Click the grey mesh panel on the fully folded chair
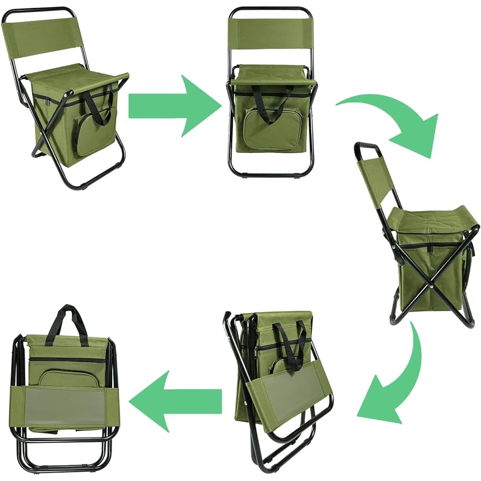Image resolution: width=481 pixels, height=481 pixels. point(65,406)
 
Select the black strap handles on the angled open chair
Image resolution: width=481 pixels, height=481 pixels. point(99,103)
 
